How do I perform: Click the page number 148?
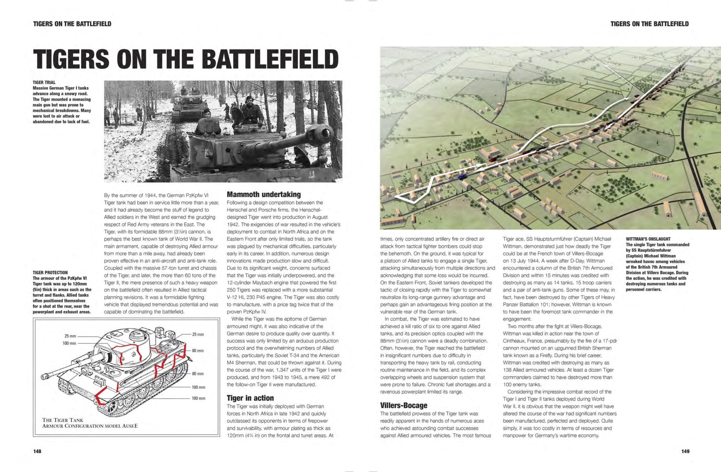click(37, 451)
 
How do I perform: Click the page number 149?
click(685, 451)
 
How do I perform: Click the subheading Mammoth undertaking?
click(264, 194)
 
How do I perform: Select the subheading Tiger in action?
click(250, 398)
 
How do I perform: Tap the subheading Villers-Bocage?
click(403, 405)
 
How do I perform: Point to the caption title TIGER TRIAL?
click(44, 82)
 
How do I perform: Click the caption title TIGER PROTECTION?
click(50, 273)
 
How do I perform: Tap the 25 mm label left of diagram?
click(70, 336)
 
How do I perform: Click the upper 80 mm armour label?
click(198, 350)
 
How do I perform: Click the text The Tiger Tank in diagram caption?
click(63, 420)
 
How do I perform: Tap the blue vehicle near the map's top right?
click(636, 95)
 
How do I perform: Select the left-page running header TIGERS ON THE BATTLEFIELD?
click(72, 24)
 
